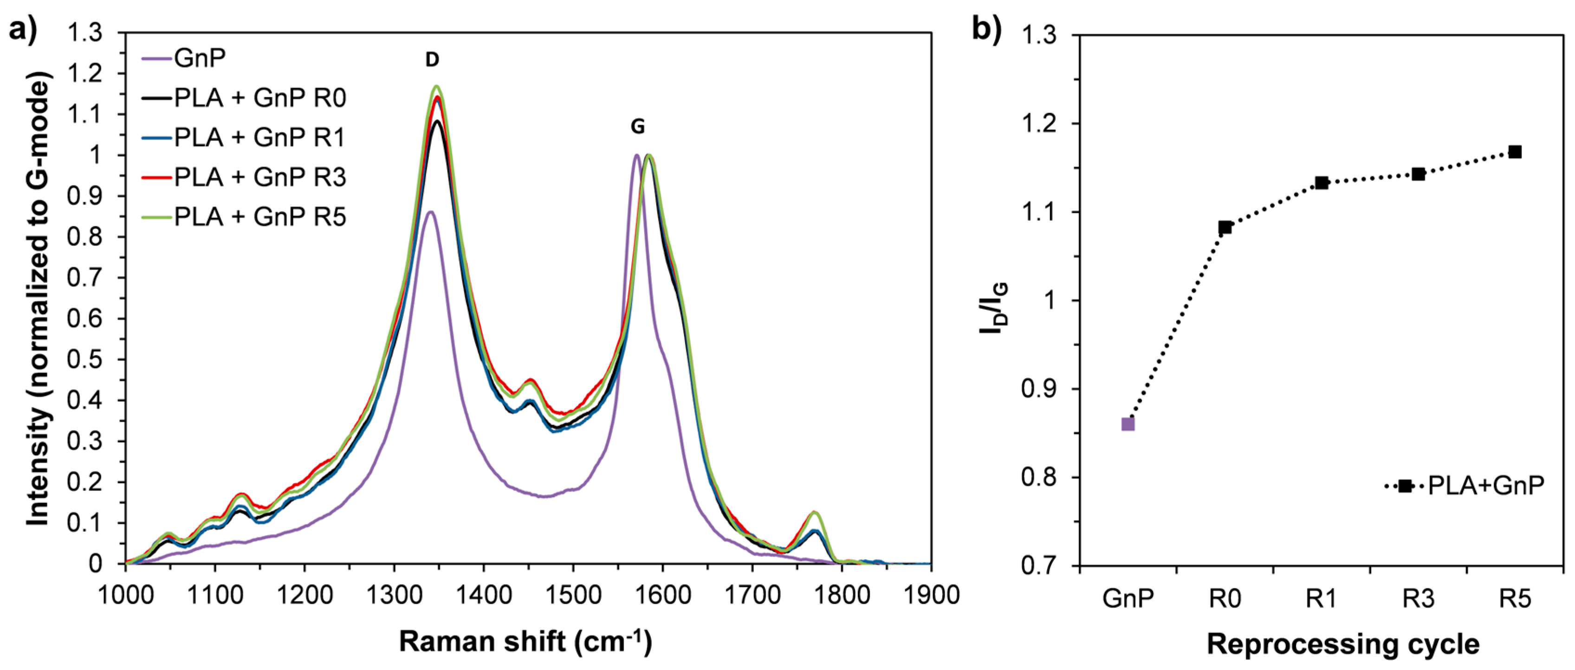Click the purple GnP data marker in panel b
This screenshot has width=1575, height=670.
point(1128,424)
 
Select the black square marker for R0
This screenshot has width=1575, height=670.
point(1225,227)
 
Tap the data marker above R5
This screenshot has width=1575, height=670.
point(1515,152)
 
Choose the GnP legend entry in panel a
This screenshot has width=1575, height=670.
point(199,58)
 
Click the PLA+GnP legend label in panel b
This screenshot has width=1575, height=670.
point(1486,485)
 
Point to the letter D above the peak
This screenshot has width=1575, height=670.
point(432,60)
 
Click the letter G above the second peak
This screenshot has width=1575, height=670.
point(637,127)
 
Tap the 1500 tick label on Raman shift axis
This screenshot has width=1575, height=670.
point(572,594)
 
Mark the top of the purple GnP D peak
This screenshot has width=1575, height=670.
point(430,212)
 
